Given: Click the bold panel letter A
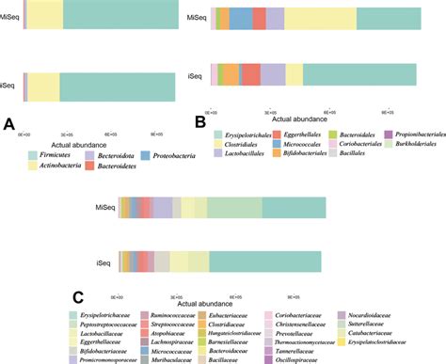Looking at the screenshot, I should pos(8,124).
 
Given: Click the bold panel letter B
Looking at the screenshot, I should pos(199,120).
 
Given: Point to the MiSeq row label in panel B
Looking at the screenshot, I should pos(197,18).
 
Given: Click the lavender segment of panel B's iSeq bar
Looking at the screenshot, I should pos(273,73).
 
